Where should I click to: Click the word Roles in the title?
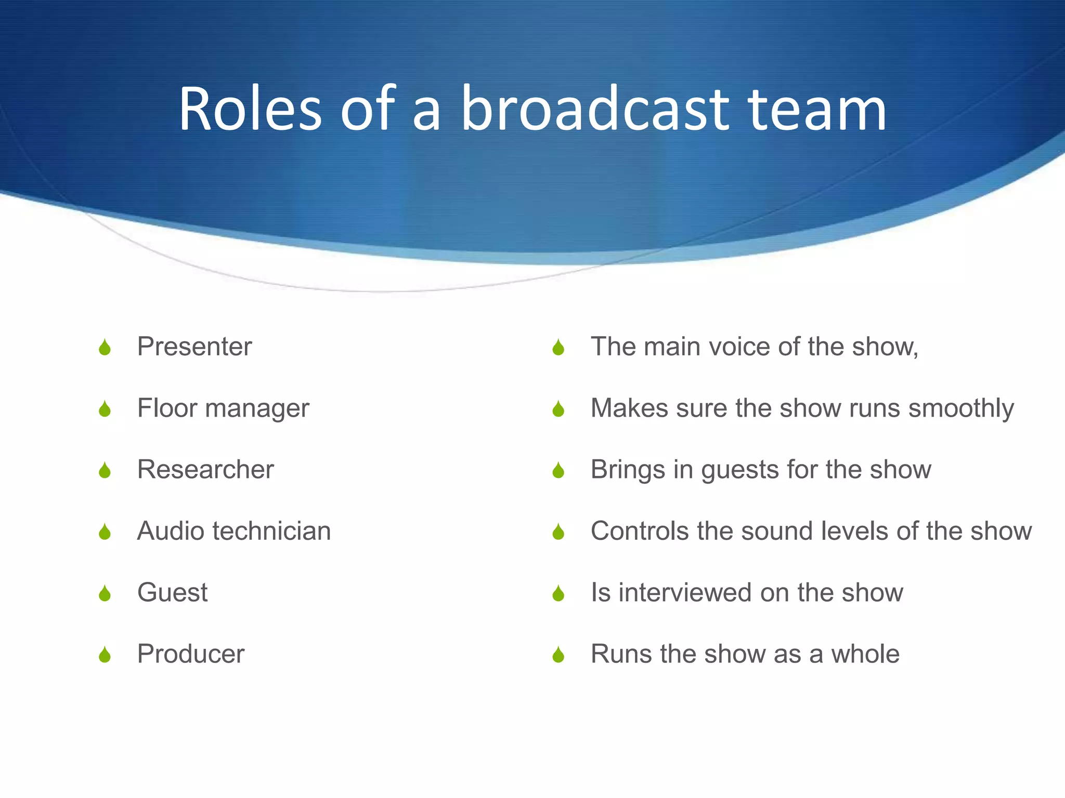[251, 109]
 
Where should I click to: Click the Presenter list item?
[194, 347]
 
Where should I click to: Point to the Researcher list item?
[205, 470]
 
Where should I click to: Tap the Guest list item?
[172, 592]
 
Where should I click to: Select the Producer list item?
[190, 654]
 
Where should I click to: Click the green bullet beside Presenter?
[105, 348]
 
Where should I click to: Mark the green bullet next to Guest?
[105, 593]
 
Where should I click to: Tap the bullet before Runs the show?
[559, 655]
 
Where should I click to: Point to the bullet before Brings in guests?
[559, 471]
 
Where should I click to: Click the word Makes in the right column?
[629, 408]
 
